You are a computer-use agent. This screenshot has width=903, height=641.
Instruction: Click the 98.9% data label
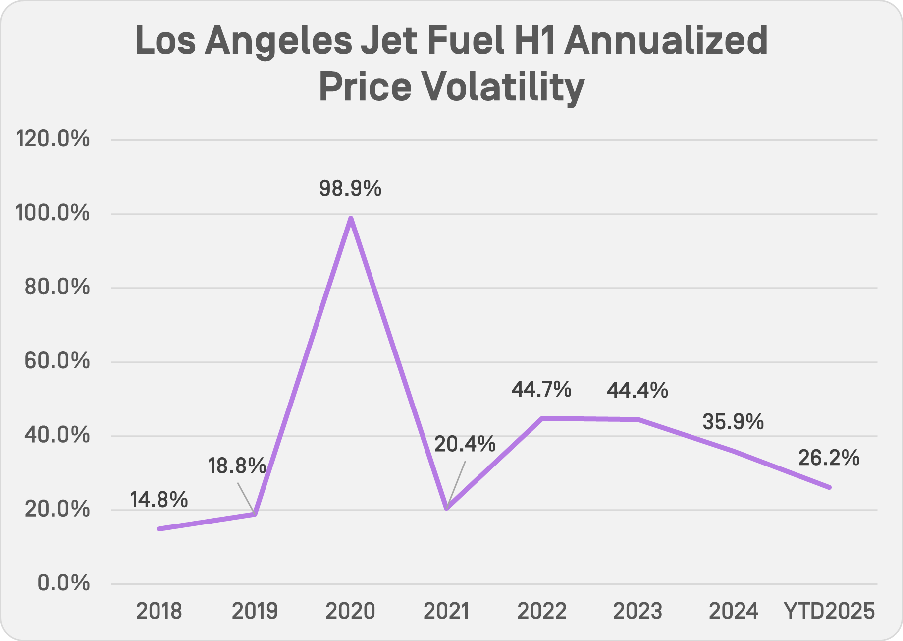pyautogui.click(x=350, y=189)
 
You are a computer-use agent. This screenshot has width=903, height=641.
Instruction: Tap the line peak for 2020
pyautogui.click(x=351, y=219)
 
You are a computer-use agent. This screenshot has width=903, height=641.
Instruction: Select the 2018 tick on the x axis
pyautogui.click(x=159, y=611)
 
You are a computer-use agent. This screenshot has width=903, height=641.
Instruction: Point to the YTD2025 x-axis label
pyautogui.click(x=829, y=611)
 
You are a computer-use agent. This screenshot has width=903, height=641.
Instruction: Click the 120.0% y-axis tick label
pyautogui.click(x=53, y=139)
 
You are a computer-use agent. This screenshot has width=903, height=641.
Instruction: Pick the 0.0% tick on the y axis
pyautogui.click(x=64, y=583)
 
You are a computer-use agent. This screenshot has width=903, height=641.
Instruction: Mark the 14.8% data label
pyautogui.click(x=159, y=500)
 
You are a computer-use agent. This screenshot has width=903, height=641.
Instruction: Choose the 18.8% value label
pyautogui.click(x=237, y=466)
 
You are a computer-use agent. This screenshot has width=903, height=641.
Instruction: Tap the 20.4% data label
pyautogui.click(x=465, y=444)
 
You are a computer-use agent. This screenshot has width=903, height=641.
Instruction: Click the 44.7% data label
pyautogui.click(x=541, y=390)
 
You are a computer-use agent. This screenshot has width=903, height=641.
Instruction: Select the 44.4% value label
pyautogui.click(x=637, y=391)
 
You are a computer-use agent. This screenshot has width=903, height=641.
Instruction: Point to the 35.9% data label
pyautogui.click(x=733, y=422)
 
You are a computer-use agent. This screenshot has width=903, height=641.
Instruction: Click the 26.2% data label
pyautogui.click(x=829, y=458)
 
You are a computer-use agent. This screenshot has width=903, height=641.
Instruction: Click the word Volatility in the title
pyautogui.click(x=503, y=87)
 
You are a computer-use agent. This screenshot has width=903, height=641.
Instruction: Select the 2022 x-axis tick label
pyautogui.click(x=542, y=611)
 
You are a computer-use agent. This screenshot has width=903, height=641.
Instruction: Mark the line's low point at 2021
pyautogui.click(x=447, y=508)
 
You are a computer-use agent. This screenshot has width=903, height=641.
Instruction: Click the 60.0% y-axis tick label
pyautogui.click(x=57, y=361)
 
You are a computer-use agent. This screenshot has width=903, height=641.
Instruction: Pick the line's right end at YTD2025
pyautogui.click(x=829, y=487)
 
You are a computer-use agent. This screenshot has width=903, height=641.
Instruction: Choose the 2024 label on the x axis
pyautogui.click(x=733, y=611)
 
